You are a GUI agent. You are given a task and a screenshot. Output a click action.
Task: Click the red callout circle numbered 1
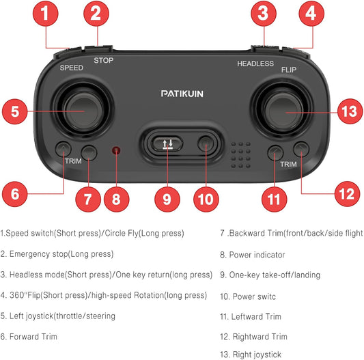click(46, 13)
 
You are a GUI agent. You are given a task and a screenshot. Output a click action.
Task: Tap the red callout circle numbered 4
click(311, 13)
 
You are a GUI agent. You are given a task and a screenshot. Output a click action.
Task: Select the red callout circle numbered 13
click(350, 111)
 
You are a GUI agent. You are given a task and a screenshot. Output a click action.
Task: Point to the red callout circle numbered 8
click(117, 199)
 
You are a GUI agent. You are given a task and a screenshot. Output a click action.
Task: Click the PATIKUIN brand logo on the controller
click(182, 94)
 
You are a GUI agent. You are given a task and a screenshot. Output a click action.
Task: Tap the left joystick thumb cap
click(84, 111)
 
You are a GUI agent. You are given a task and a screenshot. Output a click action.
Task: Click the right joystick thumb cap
click(283, 111)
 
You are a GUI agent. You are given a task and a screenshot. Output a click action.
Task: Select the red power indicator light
click(116, 150)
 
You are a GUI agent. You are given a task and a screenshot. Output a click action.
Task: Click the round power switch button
click(206, 143)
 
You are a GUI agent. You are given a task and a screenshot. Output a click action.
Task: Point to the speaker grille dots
click(241, 155)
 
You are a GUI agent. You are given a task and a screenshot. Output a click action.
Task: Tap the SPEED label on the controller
click(72, 68)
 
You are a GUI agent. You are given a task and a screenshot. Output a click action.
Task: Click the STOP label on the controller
click(104, 60)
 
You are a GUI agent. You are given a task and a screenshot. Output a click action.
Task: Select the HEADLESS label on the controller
click(255, 64)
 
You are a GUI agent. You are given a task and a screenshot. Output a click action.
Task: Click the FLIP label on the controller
click(289, 70)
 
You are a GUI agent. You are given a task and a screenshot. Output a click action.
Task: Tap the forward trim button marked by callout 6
click(63, 149)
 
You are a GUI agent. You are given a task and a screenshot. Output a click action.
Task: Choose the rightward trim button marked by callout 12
click(301, 150)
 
